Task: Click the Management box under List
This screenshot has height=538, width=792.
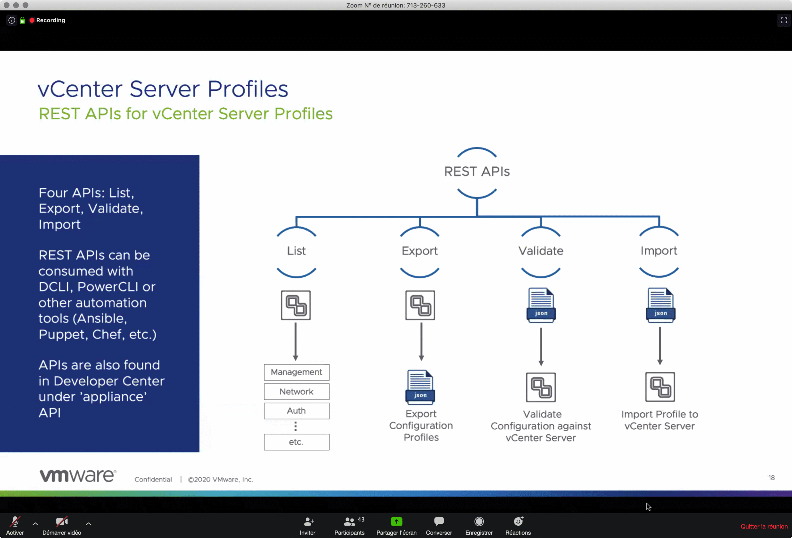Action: pos(296,372)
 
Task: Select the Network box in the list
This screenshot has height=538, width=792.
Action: pos(296,391)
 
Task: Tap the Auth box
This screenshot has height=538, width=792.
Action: pos(296,411)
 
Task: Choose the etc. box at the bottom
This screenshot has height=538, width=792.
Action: pos(296,442)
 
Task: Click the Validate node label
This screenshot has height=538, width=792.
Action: pos(541,251)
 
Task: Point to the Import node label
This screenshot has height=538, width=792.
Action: pos(659,251)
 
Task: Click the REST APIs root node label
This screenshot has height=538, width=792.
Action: pos(477,171)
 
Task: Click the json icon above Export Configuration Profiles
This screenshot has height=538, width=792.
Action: pos(420,387)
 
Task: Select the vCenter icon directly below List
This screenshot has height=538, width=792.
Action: pos(296,305)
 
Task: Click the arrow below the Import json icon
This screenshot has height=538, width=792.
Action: pos(660,346)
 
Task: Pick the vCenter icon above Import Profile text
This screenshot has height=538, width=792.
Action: pos(660,387)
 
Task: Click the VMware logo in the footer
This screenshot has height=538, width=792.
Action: pos(78,475)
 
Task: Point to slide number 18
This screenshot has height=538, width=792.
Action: pos(772,478)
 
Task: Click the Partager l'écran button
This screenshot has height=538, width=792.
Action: pos(396,526)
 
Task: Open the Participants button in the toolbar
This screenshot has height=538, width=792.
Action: pos(349,526)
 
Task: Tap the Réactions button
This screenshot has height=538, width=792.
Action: pos(518,526)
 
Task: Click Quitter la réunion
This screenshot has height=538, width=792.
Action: pos(764,527)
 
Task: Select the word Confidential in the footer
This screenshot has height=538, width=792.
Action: pos(153,479)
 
